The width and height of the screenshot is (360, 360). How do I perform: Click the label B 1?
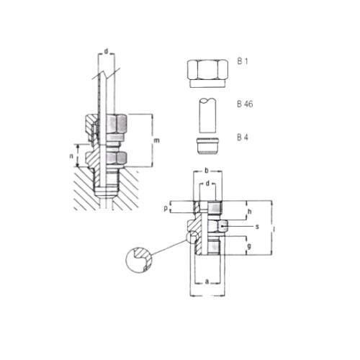click(243, 61)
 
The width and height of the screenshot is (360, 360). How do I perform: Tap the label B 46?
click(245, 104)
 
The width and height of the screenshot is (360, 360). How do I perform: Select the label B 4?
click(243, 138)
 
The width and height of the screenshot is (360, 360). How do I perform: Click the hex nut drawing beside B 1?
click(207, 73)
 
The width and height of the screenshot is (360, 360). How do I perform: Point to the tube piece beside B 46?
click(208, 115)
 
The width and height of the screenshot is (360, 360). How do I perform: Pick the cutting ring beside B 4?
click(207, 145)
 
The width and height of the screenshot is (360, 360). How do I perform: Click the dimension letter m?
click(156, 140)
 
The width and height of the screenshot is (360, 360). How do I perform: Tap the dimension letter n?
click(71, 156)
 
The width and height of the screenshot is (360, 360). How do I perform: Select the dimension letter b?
click(206, 171)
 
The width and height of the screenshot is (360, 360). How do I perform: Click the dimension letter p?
click(166, 208)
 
